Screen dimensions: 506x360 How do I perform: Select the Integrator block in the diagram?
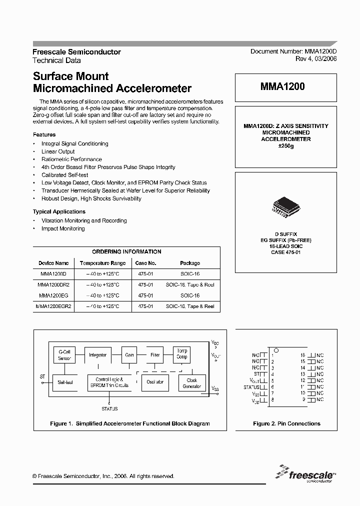point(97,355)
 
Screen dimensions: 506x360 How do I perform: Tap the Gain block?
point(129,355)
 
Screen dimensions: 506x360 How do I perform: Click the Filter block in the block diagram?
point(155,355)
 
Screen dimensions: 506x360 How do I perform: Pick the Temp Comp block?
point(181,354)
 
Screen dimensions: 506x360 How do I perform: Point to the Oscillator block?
point(155,382)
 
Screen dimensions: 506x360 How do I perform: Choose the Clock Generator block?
point(192,382)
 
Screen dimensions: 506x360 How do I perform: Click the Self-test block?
point(65,382)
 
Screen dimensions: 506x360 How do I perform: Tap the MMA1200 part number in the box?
point(282,86)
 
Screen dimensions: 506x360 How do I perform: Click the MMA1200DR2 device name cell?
point(53,284)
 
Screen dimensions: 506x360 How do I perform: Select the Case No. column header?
point(146,263)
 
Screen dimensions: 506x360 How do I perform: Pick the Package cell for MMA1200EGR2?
point(190,306)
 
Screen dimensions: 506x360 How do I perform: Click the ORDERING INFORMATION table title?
point(126,251)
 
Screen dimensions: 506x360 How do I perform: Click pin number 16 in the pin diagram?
point(302,354)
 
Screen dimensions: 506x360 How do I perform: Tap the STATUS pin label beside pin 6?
point(251,387)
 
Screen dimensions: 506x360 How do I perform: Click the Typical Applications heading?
point(59,211)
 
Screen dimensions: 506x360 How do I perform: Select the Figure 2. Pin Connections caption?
point(286,423)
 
